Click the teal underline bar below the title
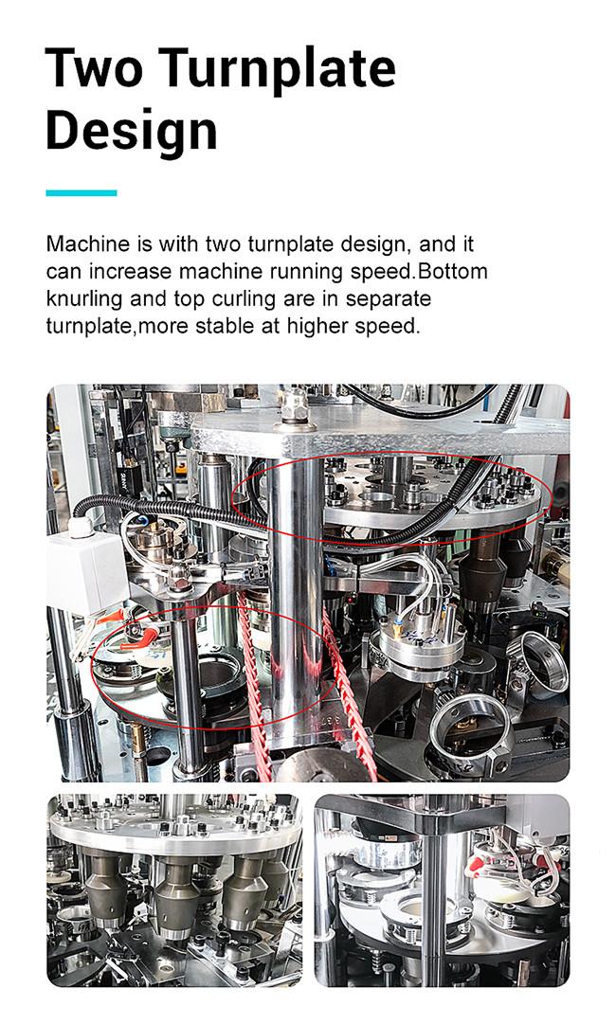(x=81, y=192)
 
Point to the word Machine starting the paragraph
(x=88, y=244)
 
